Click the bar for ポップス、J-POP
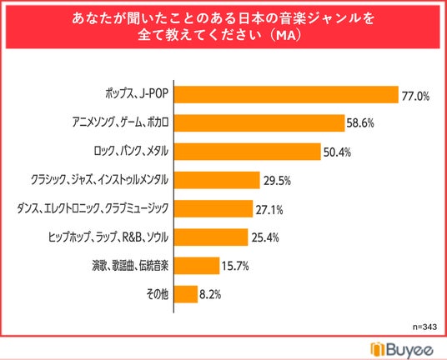pos(286,94)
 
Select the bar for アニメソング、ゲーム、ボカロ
pos(259,123)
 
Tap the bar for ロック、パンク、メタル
pos(248,152)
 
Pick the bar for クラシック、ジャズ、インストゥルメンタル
pos(217,180)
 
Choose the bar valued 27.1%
pos(213,208)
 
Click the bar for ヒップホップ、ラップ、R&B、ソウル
pos(211,237)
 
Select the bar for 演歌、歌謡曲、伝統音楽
pos(197,266)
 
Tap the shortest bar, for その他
pos(186,294)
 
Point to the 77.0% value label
pos(415,97)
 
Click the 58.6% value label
pos(360,123)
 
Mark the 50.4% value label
pos(337,152)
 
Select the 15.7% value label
pos(235,267)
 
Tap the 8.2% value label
pos(210,295)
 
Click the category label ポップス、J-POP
pos(137,93)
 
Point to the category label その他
pos(157,294)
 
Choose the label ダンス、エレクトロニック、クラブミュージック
pos(93,208)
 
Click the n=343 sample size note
pos(424,327)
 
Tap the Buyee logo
pos(402,350)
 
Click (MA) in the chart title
pos(284,36)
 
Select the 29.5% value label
pos(277,181)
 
